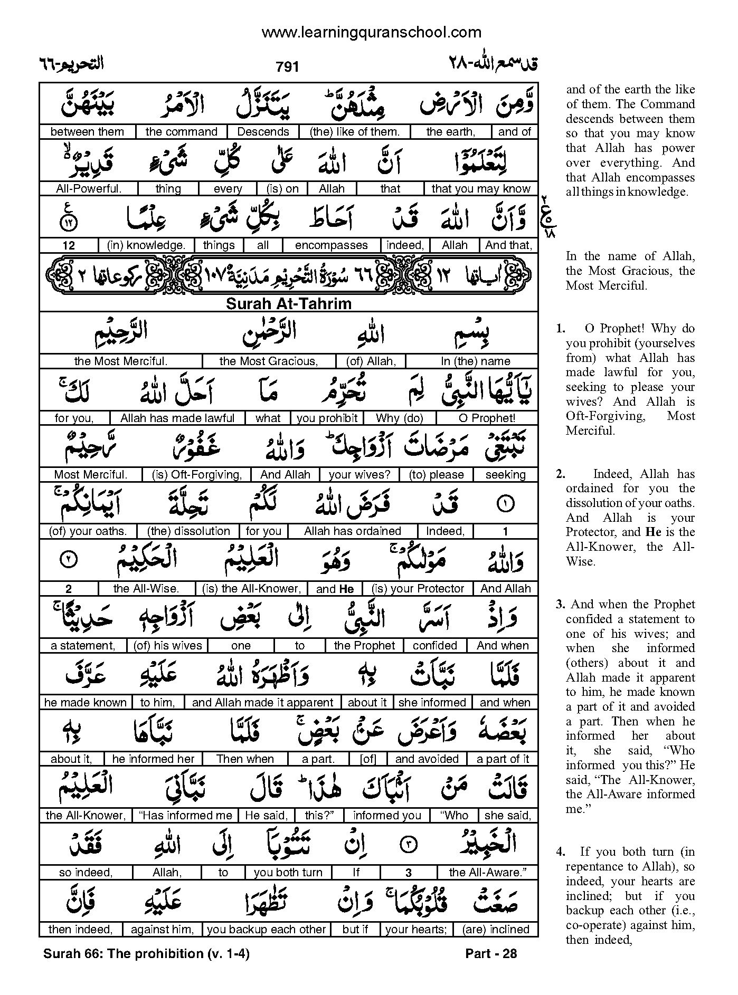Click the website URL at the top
coord(371,33)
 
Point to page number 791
coord(287,66)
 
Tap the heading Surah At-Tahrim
coord(288,304)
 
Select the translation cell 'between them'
coord(87,132)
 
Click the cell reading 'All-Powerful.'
coord(88,189)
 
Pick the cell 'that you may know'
coord(480,189)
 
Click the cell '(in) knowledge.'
coord(146,245)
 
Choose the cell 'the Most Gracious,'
coord(269,361)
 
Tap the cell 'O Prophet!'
coord(487,418)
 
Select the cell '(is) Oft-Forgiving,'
coord(196,475)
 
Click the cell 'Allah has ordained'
coord(353,531)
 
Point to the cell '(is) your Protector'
coord(418,589)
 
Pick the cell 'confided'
coord(434,646)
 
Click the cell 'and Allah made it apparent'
coord(262,703)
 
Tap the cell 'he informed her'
coord(154,759)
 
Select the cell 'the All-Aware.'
coord(488,873)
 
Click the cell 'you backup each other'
coord(266,930)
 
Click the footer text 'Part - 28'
coord(491,954)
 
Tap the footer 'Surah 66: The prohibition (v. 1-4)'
coord(146,954)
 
